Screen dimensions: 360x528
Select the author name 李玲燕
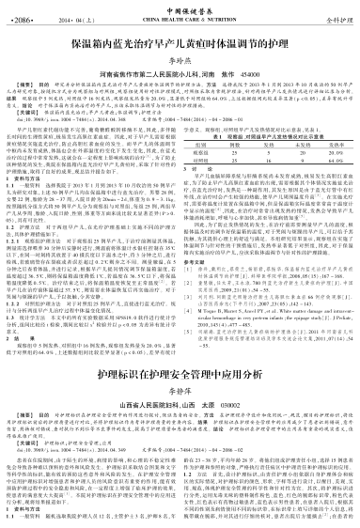180,58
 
